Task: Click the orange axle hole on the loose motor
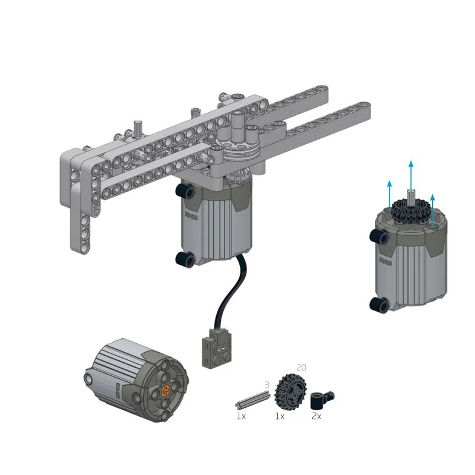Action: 166,391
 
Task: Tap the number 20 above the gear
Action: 301,368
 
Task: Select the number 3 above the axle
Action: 267,385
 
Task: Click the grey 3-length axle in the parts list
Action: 252,400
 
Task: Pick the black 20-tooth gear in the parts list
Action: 289,392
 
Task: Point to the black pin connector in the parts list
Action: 322,400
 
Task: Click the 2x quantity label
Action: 316,417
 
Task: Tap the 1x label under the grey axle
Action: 241,417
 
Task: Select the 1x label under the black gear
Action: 280,417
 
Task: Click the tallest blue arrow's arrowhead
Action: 411,164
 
